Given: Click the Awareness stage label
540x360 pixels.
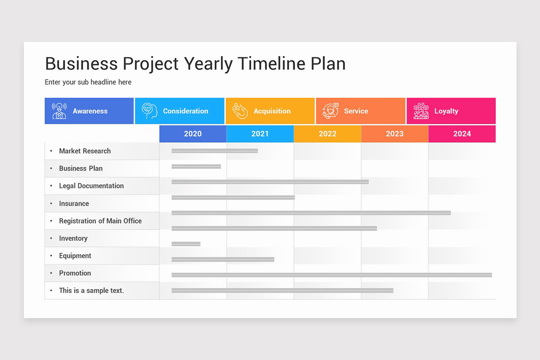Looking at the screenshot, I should [x=90, y=111].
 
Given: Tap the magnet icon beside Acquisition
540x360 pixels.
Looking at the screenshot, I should [x=240, y=111].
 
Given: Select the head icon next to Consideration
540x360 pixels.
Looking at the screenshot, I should [x=149, y=111].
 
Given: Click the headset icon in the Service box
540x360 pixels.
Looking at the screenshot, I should [x=330, y=111].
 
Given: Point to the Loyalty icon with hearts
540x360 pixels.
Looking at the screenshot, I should [x=421, y=111].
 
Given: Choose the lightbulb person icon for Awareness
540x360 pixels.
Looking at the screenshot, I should [x=59, y=111].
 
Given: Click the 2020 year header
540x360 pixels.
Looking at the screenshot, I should [x=193, y=134].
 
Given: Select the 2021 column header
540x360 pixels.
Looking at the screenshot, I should [x=260, y=134].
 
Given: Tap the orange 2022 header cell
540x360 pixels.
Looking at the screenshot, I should [x=327, y=134].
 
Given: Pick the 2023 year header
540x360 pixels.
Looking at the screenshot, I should [x=395, y=134].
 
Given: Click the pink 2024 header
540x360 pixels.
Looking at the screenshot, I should [x=462, y=134].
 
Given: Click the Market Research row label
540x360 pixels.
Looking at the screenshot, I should [x=85, y=151].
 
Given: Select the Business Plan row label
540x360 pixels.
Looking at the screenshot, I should [x=81, y=168].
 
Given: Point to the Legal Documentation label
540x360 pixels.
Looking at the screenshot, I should [x=91, y=186].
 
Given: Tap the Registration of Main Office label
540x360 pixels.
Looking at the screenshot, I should [x=100, y=221].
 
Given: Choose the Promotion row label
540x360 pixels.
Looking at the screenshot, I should [x=75, y=273].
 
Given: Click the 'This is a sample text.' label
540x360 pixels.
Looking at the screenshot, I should [x=91, y=291].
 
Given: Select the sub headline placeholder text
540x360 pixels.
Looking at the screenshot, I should [x=88, y=82].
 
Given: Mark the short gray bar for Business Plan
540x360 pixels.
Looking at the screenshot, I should [x=196, y=166].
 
